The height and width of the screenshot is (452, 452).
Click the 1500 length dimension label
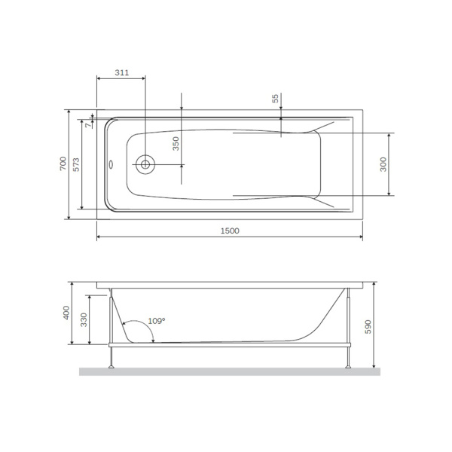click(230, 231)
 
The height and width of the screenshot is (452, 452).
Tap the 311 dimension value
click(121, 72)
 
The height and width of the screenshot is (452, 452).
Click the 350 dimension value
click(176, 144)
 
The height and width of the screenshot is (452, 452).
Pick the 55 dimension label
click(275, 99)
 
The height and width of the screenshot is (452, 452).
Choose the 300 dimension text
click(383, 164)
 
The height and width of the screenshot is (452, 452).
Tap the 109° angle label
click(157, 320)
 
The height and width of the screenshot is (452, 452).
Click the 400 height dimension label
click(66, 313)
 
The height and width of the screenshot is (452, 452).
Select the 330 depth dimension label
click(84, 320)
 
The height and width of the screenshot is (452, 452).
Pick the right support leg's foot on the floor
click(349, 367)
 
